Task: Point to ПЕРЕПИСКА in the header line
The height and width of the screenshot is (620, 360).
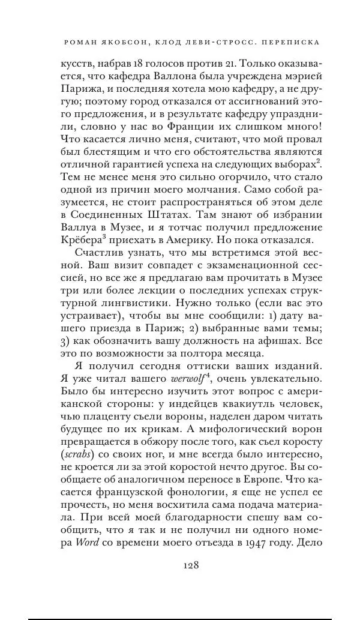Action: coord(292,43)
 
